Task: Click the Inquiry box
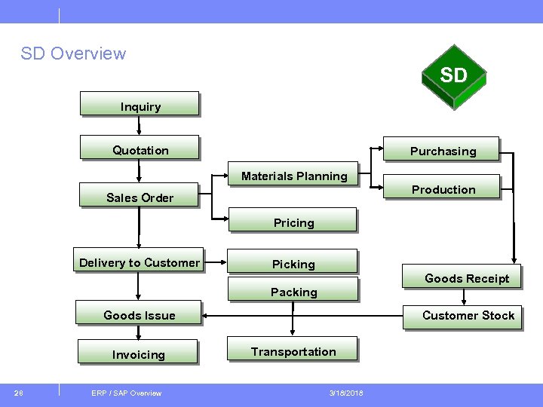click(140, 104)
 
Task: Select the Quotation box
click(140, 148)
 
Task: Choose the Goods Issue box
click(139, 313)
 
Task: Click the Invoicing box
click(138, 352)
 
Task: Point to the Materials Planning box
click(294, 174)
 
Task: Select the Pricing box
click(293, 220)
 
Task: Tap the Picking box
click(293, 262)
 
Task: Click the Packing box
click(293, 289)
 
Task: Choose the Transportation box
click(293, 350)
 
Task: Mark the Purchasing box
click(442, 149)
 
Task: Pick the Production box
click(443, 187)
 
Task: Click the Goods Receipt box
click(461, 277)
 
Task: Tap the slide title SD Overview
click(73, 54)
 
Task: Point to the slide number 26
click(18, 393)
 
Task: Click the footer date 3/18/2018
click(346, 393)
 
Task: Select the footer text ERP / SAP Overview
click(126, 393)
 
